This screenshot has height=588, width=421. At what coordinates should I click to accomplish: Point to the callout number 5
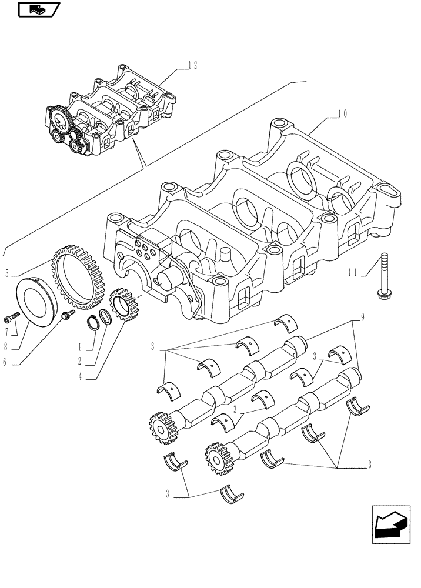8,272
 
